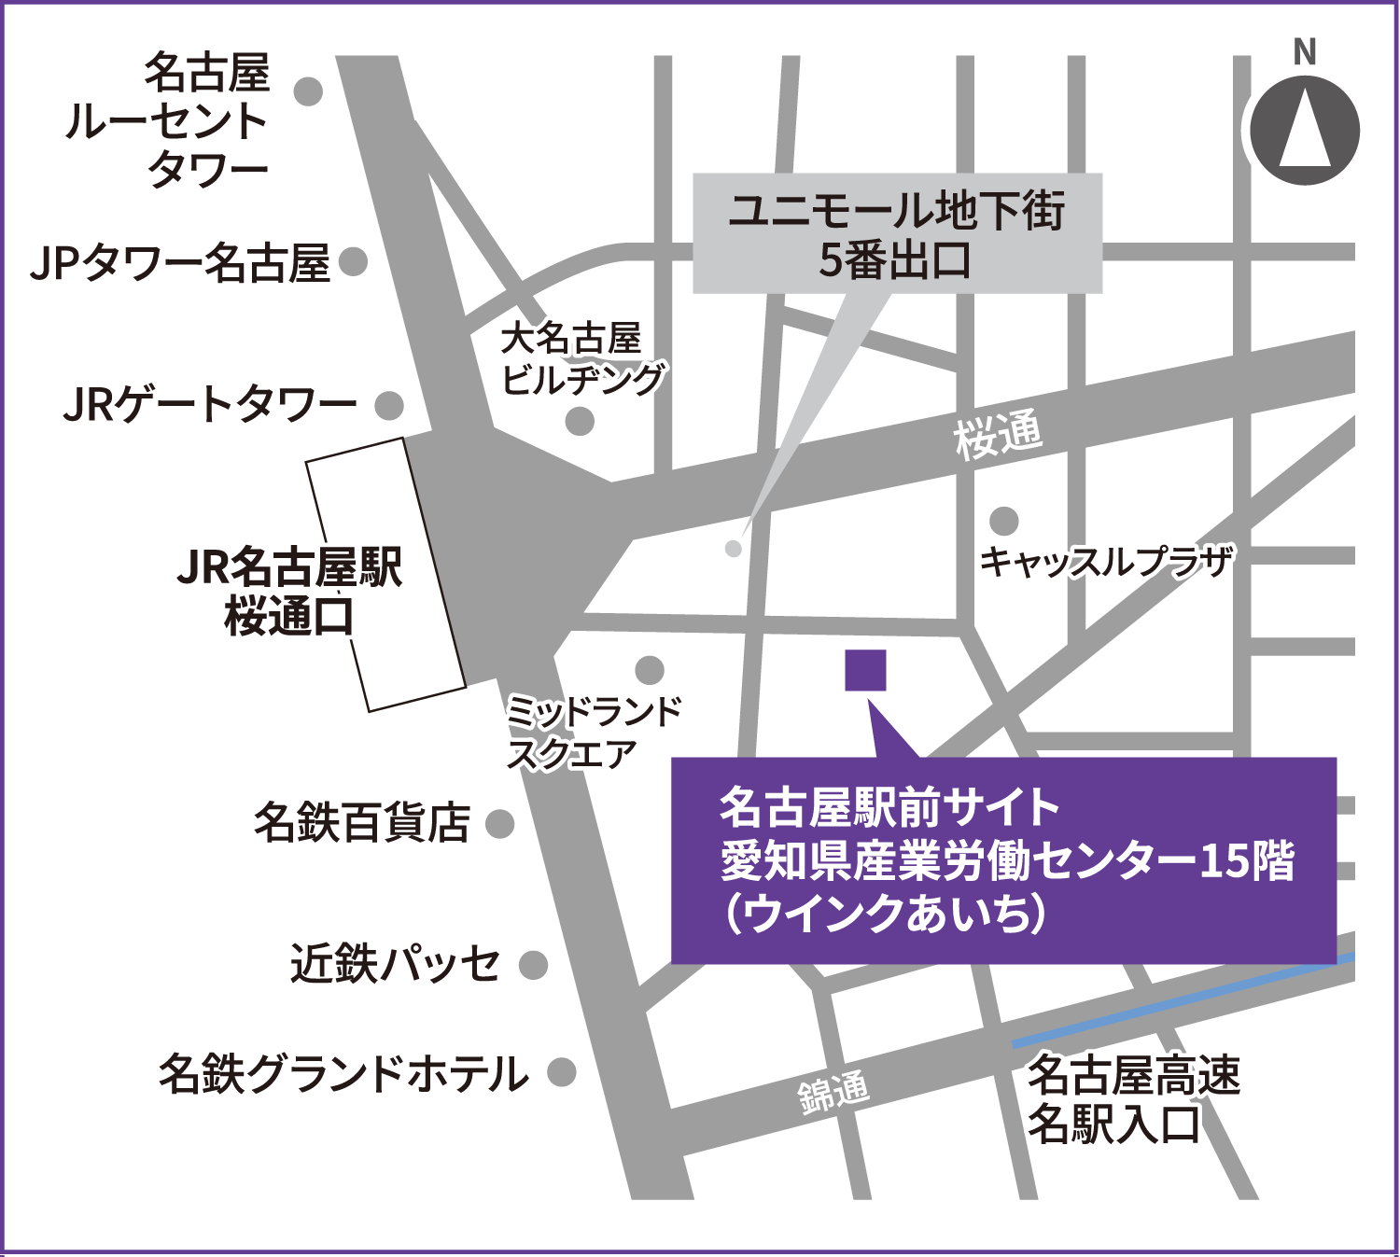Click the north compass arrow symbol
point(1305,131)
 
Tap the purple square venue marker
point(865,670)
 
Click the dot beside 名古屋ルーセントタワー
point(308,91)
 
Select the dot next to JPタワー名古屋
point(354,261)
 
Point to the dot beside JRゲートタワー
point(389,405)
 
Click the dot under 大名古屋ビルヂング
point(580,422)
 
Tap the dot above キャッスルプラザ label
point(1004,521)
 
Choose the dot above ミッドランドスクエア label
point(650,669)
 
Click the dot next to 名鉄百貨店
point(500,823)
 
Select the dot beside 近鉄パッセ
point(533,965)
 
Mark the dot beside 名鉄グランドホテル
point(561,1072)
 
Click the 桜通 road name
point(997,436)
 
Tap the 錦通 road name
point(833,1092)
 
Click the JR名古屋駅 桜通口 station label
point(289,592)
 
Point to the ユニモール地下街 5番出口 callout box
point(897,234)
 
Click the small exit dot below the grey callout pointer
point(734,549)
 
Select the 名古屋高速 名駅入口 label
point(1133,1099)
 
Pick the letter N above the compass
point(1305,52)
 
